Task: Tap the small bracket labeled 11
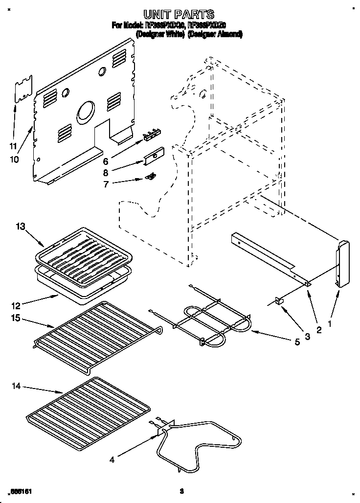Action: coord(23,90)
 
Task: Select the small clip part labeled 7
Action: coord(152,176)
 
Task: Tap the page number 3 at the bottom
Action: coord(181,490)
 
